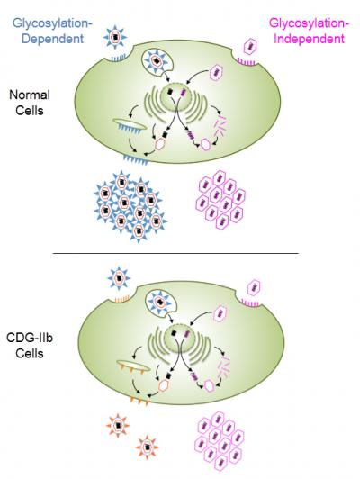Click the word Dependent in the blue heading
click(x=52, y=39)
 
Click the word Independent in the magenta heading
click(x=309, y=39)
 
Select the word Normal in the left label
click(x=30, y=95)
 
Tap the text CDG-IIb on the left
click(x=30, y=338)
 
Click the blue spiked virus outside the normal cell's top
click(x=115, y=37)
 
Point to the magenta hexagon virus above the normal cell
click(x=249, y=47)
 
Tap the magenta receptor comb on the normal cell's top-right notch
click(x=247, y=62)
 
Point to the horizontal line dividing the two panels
click(x=175, y=253)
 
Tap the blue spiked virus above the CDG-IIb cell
click(x=119, y=278)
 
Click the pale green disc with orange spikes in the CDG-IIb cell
click(x=133, y=366)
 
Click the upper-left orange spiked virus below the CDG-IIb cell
click(x=118, y=426)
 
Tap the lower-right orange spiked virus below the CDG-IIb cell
click(x=148, y=447)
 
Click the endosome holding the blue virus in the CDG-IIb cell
click(x=161, y=303)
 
